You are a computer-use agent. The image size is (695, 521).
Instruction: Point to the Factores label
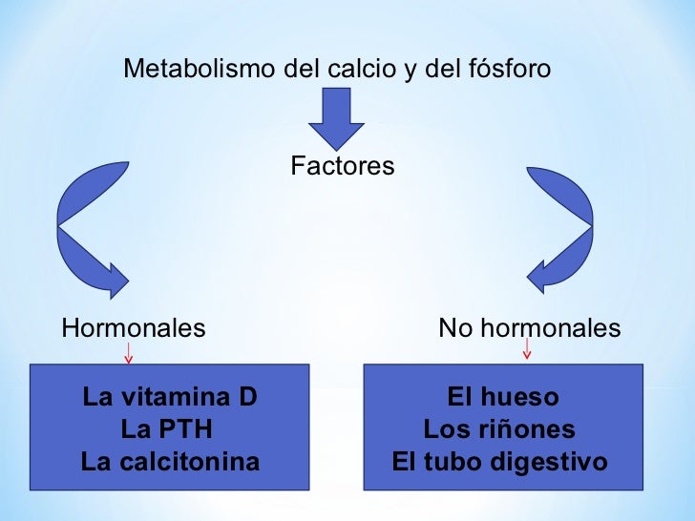click(x=342, y=167)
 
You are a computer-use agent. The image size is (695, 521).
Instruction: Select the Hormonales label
click(x=134, y=329)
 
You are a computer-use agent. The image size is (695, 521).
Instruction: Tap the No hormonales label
click(x=529, y=329)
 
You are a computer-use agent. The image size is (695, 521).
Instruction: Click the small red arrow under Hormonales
click(x=129, y=355)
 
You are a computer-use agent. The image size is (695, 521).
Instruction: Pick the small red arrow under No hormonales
click(x=527, y=353)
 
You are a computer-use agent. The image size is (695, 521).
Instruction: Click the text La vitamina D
click(x=170, y=397)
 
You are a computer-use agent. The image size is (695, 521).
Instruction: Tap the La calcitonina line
click(x=170, y=463)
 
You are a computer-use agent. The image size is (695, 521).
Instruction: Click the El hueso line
click(x=503, y=397)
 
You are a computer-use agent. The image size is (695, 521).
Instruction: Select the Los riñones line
click(x=499, y=429)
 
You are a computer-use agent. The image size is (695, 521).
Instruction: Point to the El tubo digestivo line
click(x=499, y=463)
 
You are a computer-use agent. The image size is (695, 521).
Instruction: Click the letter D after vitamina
click(x=248, y=397)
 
